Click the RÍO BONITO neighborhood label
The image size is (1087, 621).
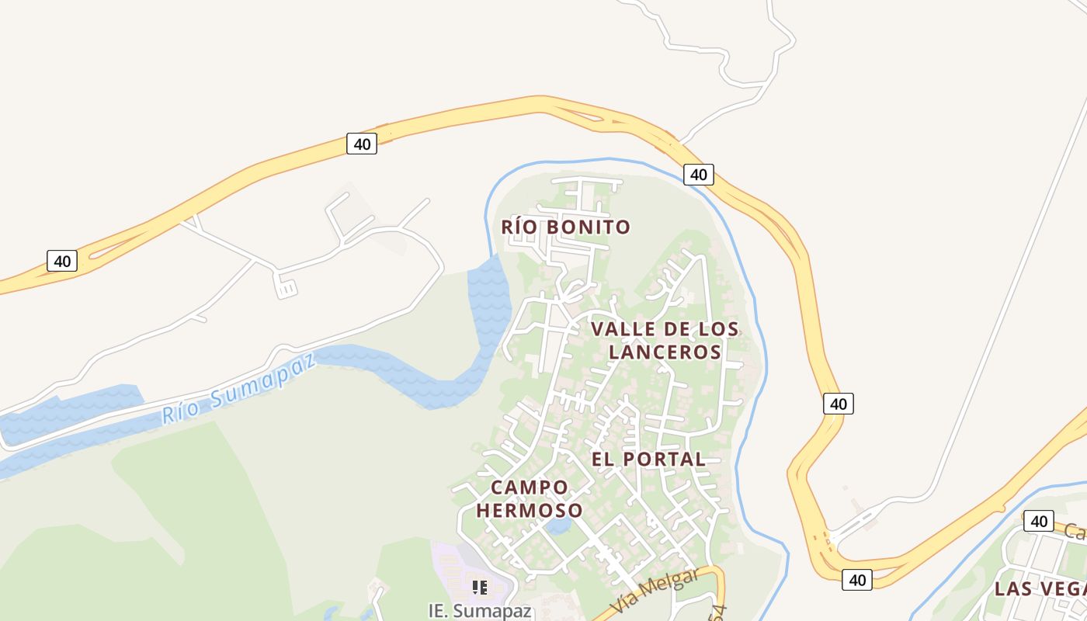click(565, 227)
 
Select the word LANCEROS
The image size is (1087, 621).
click(665, 352)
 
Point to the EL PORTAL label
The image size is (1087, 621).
click(648, 459)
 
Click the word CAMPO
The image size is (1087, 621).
click(530, 487)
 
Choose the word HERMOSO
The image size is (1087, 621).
click(530, 510)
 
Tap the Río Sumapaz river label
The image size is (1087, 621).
click(239, 389)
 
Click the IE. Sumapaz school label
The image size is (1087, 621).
click(480, 610)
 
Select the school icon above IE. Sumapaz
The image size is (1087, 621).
click(480, 588)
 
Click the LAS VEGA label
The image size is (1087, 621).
click(1040, 588)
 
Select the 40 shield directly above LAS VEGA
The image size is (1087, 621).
click(1038, 521)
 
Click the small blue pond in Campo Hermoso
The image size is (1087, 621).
click(557, 526)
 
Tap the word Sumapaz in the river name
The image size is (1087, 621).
click(264, 377)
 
